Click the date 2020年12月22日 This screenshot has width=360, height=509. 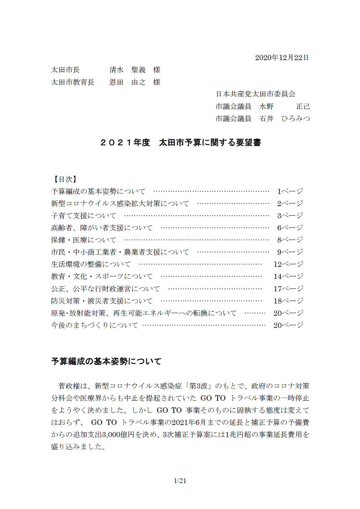(x=282, y=58)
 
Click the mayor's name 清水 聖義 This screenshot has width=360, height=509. (x=127, y=70)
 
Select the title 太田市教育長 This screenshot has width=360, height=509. (x=73, y=82)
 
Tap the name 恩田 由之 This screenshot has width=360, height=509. (x=127, y=82)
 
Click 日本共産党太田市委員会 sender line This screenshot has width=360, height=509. (x=255, y=94)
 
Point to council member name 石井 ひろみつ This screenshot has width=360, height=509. (x=285, y=119)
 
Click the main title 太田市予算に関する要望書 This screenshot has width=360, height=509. (x=210, y=143)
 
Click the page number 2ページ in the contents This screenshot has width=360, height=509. (x=290, y=204)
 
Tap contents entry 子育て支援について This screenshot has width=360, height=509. (x=84, y=216)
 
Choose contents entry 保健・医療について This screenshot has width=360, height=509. (x=84, y=240)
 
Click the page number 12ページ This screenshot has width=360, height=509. (x=288, y=264)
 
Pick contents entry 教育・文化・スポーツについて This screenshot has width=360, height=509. (x=102, y=276)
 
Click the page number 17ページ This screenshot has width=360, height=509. (x=288, y=289)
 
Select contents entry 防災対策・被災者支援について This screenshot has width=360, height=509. (x=102, y=301)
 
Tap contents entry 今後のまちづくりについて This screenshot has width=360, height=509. (x=95, y=325)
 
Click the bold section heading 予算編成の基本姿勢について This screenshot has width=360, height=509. (x=106, y=361)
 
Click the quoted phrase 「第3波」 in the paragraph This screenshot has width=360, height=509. (x=197, y=386)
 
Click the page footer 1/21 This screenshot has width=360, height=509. (x=180, y=481)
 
